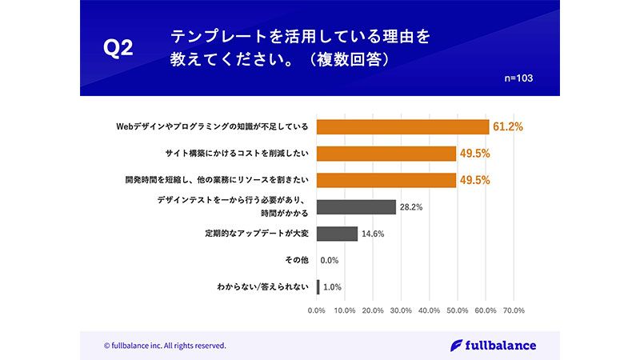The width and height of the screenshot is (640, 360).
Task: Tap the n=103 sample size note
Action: (x=518, y=78)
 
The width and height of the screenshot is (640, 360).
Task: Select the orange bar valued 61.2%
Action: (x=402, y=126)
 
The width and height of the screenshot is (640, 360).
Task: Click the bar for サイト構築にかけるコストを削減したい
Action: (x=386, y=153)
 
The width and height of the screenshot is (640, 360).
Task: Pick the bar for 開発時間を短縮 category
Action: (x=386, y=179)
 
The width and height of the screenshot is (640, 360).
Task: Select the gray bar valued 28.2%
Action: (x=356, y=207)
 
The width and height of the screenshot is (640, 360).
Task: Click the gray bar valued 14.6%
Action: (x=337, y=234)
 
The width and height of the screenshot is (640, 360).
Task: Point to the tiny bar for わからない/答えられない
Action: (x=318, y=286)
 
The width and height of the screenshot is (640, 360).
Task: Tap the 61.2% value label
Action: (x=507, y=126)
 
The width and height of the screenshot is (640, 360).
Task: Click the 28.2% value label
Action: (x=411, y=207)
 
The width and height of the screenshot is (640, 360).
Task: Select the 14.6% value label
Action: (x=373, y=234)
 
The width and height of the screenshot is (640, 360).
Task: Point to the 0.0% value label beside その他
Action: (x=330, y=260)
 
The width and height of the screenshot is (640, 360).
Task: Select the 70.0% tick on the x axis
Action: (x=513, y=310)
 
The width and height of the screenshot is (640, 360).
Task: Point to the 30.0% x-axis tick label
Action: (x=401, y=310)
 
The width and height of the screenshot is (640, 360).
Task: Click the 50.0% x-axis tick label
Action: (x=457, y=310)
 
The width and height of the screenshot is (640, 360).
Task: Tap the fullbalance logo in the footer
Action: (x=493, y=345)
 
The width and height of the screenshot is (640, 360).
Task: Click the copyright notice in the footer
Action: (x=165, y=346)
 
